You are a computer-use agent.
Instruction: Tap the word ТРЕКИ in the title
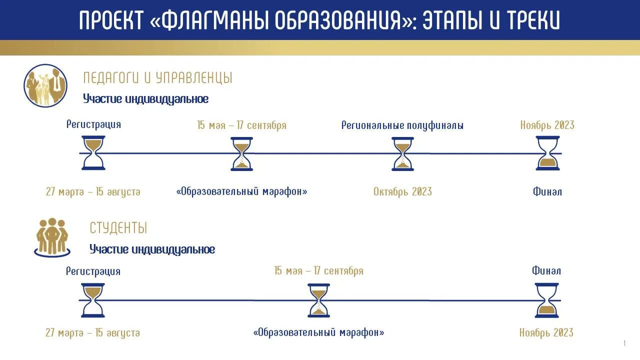533,20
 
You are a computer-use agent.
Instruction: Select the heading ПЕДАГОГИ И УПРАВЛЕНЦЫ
157,78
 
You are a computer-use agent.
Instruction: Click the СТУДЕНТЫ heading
118,228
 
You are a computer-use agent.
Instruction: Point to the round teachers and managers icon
45,85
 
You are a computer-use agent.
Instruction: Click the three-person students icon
52,236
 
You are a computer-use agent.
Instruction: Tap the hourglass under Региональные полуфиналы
403,153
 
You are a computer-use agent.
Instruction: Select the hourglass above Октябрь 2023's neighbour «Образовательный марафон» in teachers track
242,153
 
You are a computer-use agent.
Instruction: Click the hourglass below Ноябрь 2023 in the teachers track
547,153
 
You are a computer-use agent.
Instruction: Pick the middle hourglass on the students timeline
319,300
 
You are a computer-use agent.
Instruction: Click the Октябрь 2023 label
402,191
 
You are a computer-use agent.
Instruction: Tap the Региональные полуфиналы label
402,125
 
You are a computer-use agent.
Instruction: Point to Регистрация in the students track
93,271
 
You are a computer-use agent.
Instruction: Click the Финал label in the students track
546,271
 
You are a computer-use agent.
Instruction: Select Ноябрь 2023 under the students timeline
546,332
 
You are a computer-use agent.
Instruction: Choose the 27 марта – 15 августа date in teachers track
93,191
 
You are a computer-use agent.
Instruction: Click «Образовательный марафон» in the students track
319,332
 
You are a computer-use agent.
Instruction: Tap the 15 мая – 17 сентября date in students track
319,271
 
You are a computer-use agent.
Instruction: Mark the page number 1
624,343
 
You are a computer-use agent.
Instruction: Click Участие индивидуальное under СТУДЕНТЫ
152,249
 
